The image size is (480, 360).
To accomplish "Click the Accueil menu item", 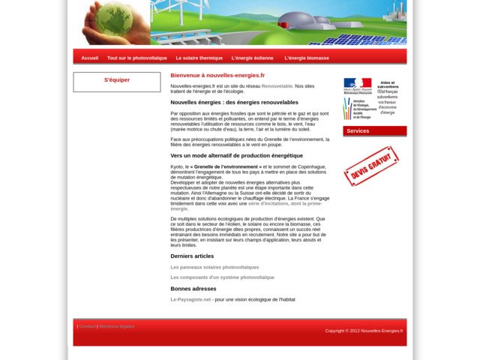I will click(x=89, y=58).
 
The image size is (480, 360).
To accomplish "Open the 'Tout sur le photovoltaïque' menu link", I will click(x=137, y=58).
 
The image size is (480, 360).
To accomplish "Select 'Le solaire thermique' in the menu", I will click(x=199, y=58).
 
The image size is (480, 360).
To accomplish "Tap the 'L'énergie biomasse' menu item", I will click(x=307, y=58).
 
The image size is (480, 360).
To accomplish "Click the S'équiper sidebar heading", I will click(x=117, y=79).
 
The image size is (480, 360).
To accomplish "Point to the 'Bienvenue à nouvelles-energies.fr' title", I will click(x=217, y=76).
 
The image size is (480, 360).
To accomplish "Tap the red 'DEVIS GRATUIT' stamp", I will click(x=370, y=166).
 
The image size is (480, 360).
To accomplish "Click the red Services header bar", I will click(x=374, y=130).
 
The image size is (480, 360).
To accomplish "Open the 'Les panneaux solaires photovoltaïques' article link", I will click(x=214, y=267).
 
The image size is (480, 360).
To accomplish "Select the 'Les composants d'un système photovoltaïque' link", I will click(x=222, y=277).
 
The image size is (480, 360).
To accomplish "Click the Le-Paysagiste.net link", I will click(x=190, y=299).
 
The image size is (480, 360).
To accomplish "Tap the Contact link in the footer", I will click(x=87, y=326).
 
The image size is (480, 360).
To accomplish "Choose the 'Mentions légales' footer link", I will click(x=117, y=326).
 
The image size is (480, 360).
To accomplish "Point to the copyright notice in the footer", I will click(x=364, y=330).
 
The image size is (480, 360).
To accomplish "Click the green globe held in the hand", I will click(x=114, y=19).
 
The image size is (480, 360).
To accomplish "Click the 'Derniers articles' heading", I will click(x=192, y=256).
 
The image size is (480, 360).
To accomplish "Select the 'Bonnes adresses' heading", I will click(x=193, y=289).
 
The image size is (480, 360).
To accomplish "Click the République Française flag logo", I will click(x=357, y=86).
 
